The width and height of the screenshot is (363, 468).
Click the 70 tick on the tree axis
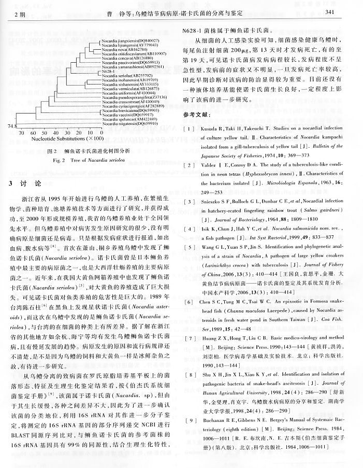pos(23,132)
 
